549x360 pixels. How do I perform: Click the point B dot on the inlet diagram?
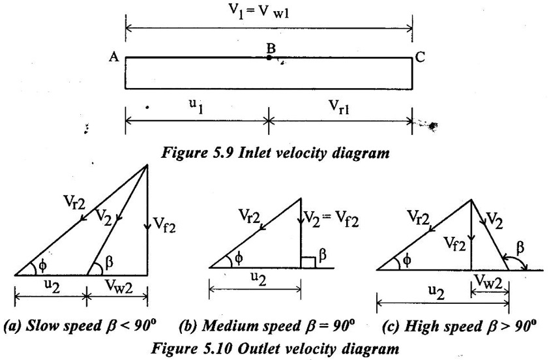[x=269, y=58]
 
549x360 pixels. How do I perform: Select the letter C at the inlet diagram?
[x=421, y=57]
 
